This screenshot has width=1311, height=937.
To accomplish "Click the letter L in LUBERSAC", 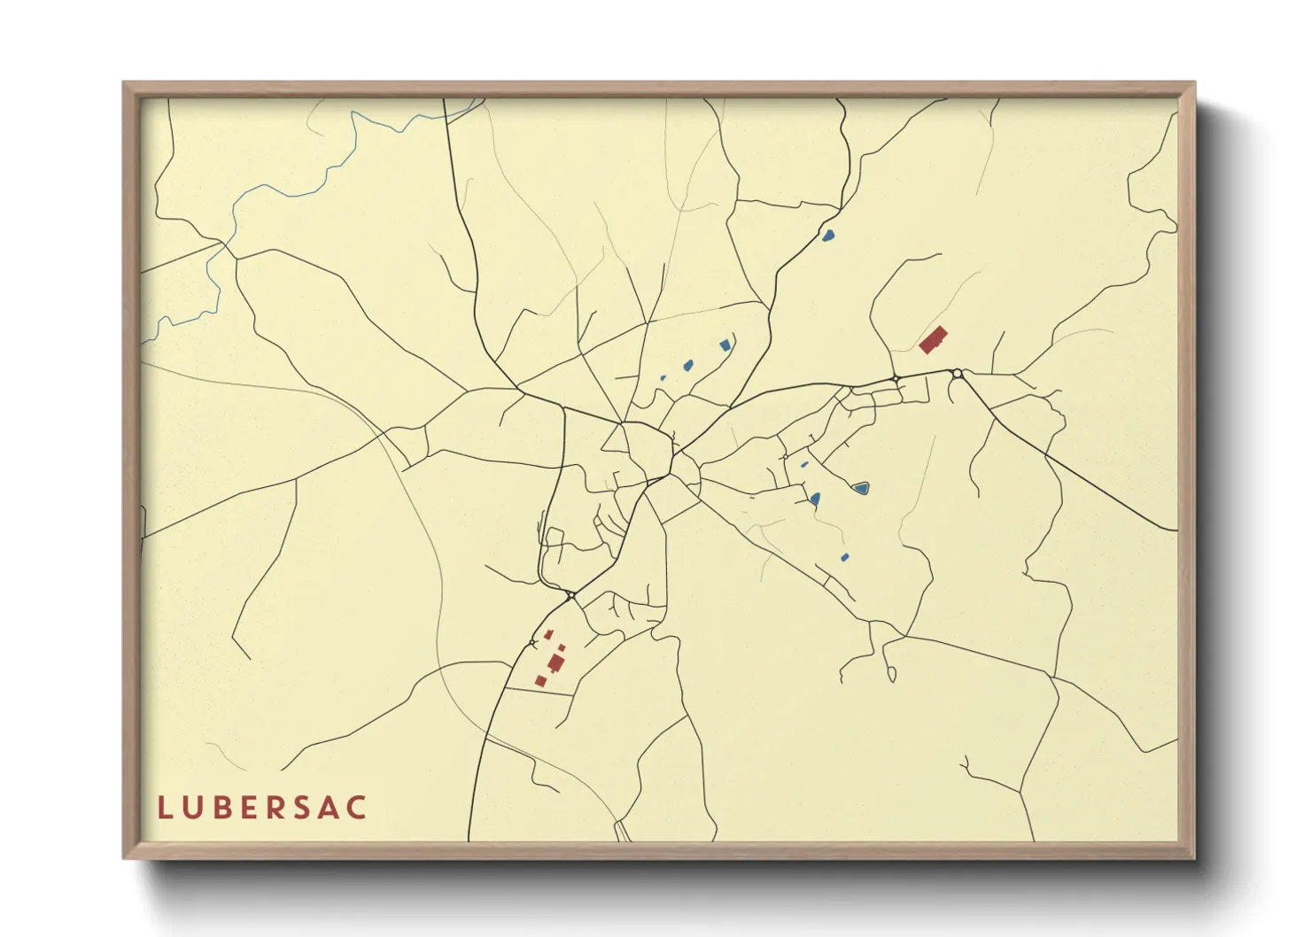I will click(x=165, y=808).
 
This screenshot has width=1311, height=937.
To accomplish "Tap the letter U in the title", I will click(x=192, y=808).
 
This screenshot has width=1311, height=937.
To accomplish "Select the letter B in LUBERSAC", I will click(x=221, y=808).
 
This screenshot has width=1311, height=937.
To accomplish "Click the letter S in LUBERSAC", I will click(x=304, y=808).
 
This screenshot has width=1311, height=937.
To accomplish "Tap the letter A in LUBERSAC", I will click(x=330, y=808).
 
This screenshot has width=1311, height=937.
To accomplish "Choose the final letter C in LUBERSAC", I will click(x=358, y=808).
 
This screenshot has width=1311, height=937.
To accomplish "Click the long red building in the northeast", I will click(x=933, y=339).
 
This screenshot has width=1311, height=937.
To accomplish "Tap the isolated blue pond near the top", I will click(x=828, y=236).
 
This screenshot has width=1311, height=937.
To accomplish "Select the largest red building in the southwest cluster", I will click(x=555, y=662).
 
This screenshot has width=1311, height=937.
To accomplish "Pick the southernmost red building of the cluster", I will click(x=541, y=680).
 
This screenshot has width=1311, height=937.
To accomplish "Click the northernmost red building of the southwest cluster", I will click(x=549, y=634).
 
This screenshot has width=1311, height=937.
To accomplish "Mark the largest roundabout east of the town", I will click(x=958, y=374).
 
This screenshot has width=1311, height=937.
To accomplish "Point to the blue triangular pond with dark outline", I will click(x=858, y=487).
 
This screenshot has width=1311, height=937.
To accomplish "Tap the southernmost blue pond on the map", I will click(x=844, y=557).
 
